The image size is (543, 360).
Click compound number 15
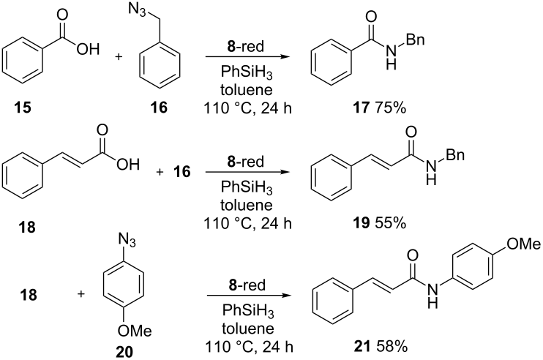pos(23,108)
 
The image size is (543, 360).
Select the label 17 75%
pos(380,108)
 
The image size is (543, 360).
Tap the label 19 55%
pos(380,223)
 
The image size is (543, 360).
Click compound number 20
pos(124,352)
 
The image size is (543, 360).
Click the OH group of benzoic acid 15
pos(88,49)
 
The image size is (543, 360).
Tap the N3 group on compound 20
pos(127,240)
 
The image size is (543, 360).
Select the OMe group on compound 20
pos(135,331)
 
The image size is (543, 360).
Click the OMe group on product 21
pos(523,244)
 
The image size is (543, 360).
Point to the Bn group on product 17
pos(415,40)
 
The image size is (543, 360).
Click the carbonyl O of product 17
pos(371,17)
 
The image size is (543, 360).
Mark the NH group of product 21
pos(432,295)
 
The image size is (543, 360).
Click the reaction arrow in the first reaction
pos(247,56)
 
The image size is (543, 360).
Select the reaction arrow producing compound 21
pos(249,296)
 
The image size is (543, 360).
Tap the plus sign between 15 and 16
pos(119,57)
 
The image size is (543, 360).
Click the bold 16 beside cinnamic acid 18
pos(181,172)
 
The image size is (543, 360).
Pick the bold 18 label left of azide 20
pos(29,296)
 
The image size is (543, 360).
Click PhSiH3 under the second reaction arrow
pos(247,188)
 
